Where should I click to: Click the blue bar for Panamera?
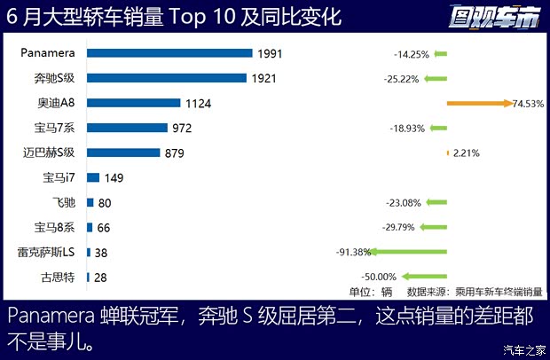click(169, 53)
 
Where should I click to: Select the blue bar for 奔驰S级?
click(166, 78)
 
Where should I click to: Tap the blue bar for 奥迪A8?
click(133, 103)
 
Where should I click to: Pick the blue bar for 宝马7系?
click(127, 128)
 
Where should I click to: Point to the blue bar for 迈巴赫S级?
click(123, 153)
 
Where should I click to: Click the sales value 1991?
click(270, 54)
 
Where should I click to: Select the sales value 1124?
click(198, 104)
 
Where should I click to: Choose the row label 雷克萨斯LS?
click(45, 252)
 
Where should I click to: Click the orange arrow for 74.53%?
click(479, 104)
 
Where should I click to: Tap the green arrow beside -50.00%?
click(423, 277)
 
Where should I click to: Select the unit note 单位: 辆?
click(369, 291)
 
